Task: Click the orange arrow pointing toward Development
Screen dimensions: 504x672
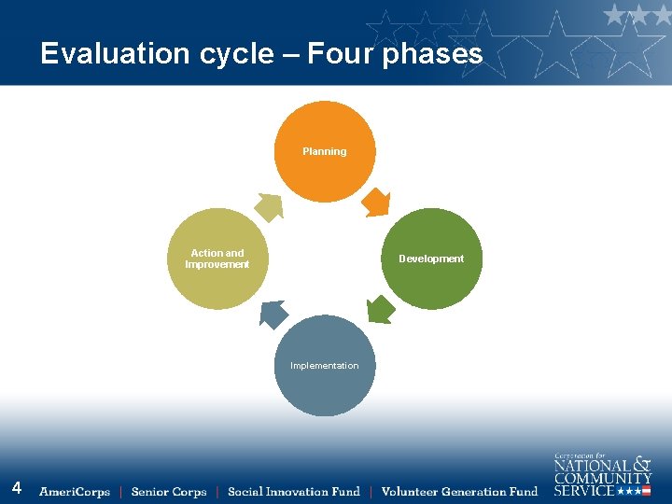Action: pos(375,202)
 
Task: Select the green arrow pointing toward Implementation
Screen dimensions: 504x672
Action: pos(379,309)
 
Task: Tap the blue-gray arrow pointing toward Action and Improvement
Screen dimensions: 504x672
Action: pos(273,315)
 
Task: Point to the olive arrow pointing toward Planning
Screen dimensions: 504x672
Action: pos(269,207)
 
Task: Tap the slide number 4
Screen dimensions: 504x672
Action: pos(17,488)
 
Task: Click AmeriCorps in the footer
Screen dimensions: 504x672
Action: pos(75,492)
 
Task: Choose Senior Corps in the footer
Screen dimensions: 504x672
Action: pos(169,492)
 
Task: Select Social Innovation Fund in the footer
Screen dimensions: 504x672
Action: pos(294,492)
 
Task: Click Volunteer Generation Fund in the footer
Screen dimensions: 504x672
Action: pos(459,492)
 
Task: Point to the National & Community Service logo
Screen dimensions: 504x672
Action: pos(602,475)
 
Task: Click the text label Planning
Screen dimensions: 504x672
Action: pos(324,151)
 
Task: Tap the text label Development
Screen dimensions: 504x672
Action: pos(431,259)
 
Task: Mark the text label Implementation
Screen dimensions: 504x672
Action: pos(324,366)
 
